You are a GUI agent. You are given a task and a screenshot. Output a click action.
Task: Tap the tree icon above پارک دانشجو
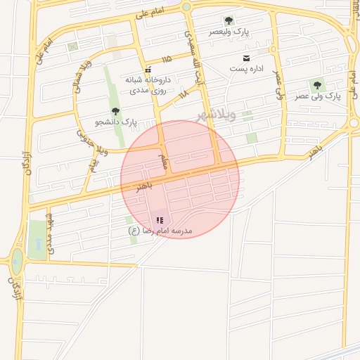point(115,111)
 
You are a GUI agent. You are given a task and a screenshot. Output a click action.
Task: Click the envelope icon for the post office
point(246,58)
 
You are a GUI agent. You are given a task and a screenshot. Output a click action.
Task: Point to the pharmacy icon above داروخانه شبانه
point(148,70)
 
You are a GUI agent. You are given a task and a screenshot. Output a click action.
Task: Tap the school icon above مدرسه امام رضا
point(159,220)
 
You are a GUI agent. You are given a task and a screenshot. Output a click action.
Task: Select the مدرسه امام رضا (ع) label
point(160,231)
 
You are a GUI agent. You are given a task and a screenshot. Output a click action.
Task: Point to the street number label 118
point(184,94)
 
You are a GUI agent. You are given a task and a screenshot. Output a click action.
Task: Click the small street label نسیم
point(93,166)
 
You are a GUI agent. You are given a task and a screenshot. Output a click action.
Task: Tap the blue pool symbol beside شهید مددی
point(37,245)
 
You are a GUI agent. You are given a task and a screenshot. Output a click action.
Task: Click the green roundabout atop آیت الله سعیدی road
point(186,7)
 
